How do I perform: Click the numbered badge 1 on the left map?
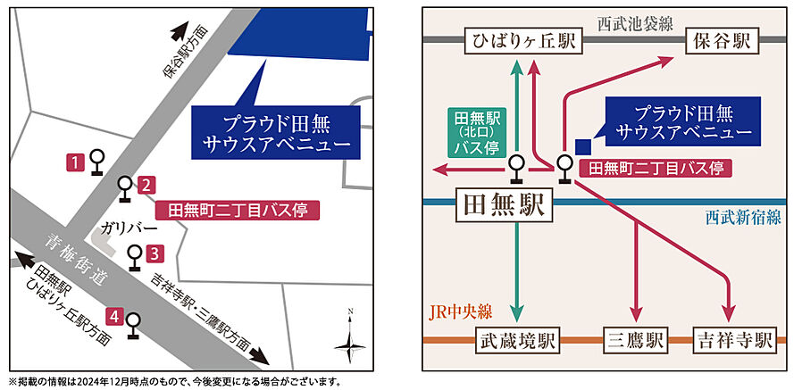(x=75, y=163)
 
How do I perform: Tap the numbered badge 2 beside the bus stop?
(x=146, y=185)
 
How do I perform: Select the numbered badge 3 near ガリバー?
(x=155, y=253)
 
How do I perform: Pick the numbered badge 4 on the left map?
(x=114, y=318)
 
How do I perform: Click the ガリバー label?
(x=121, y=228)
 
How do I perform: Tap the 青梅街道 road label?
(x=77, y=260)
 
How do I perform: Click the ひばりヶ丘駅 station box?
(x=523, y=41)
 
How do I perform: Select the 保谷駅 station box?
(x=723, y=41)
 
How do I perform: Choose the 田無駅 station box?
(x=504, y=205)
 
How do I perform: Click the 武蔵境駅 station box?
(x=517, y=340)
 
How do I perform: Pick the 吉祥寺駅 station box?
(x=734, y=340)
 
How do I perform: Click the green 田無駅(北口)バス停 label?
(x=477, y=132)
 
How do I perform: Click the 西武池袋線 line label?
(x=635, y=24)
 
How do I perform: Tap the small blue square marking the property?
(x=583, y=146)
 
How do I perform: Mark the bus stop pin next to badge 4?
(x=133, y=325)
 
